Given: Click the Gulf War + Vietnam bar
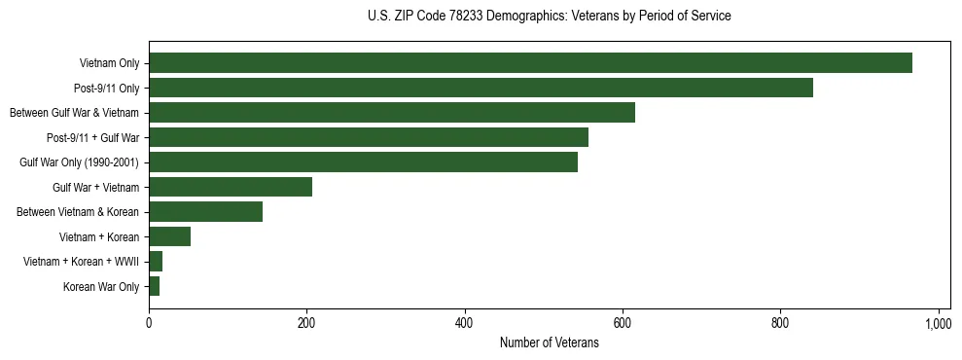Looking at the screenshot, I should tap(231, 187).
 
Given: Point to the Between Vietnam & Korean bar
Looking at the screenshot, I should tap(205, 212).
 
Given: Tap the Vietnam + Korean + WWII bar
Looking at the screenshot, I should tap(156, 262).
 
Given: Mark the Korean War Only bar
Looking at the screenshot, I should tap(154, 286).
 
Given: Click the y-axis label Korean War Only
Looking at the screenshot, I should tap(101, 287).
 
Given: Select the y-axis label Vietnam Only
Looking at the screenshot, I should tap(109, 64).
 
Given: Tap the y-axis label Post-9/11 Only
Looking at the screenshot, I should tap(106, 89).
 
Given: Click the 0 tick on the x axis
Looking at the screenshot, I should tap(149, 322).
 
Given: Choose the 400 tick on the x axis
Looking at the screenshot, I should tap(465, 322).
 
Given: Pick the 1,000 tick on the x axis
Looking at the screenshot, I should tap(938, 322).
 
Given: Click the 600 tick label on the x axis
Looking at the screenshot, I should tap(623, 322).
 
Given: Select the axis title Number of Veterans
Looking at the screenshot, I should tap(549, 342).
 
